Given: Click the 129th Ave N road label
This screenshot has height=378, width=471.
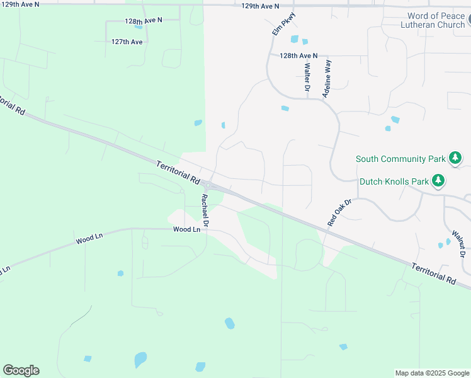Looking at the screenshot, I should [x=260, y=6].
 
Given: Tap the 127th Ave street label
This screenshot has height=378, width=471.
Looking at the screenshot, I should [x=127, y=42].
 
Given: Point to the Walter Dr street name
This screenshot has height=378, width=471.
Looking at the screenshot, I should [x=307, y=77].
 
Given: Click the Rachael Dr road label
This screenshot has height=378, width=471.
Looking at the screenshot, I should [x=205, y=210].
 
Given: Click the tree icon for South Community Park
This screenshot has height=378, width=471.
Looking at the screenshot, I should [x=455, y=158].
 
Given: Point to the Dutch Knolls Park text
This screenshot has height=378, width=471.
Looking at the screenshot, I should [x=394, y=181].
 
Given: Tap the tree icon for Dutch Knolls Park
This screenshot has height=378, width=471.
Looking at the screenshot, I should [x=438, y=181].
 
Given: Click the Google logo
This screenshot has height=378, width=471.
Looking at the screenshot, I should [x=21, y=370].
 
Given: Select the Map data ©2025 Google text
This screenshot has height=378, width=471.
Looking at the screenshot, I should [x=432, y=373].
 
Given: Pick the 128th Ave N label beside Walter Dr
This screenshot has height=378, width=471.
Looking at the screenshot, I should [x=299, y=55].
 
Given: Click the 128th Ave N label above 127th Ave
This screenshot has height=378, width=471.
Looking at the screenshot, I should [x=144, y=21].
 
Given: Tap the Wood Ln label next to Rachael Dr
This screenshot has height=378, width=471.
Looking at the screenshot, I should [x=187, y=230].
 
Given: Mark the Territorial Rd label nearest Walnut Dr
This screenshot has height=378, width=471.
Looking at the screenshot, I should [x=433, y=273].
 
